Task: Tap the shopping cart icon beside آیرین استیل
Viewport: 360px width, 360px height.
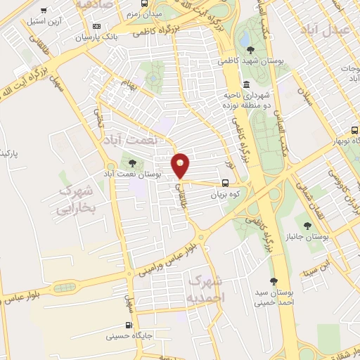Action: point(44,11)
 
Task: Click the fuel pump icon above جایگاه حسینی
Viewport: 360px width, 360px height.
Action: point(127,325)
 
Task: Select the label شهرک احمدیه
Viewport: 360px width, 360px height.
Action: point(202,288)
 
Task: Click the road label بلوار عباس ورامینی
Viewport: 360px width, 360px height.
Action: point(163,257)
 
